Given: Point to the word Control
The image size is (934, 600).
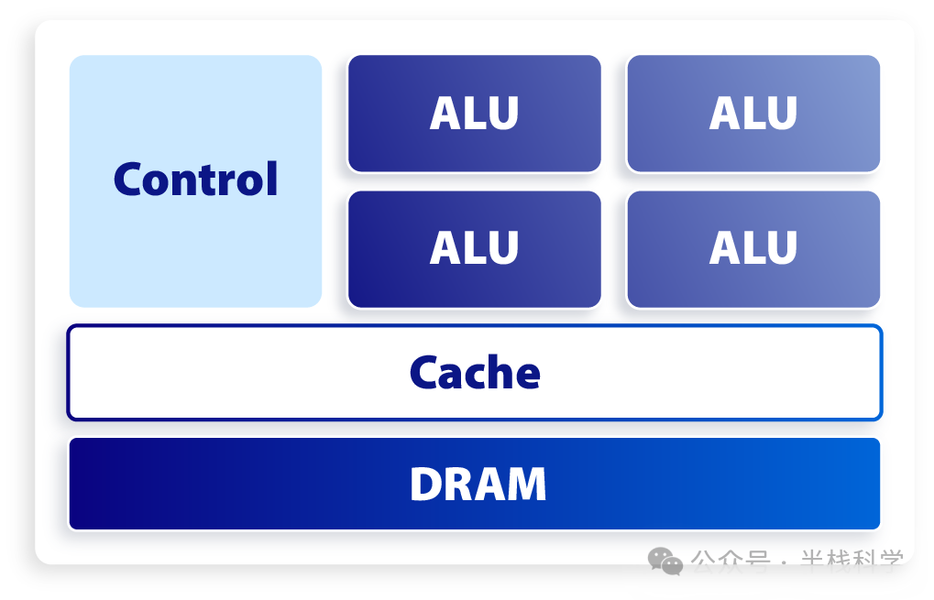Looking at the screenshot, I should tap(195, 180).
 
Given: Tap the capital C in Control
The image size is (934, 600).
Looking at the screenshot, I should tap(129, 180).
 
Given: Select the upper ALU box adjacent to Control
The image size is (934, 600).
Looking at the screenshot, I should tap(474, 113).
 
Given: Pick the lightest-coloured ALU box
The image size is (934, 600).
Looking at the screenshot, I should tap(753, 113).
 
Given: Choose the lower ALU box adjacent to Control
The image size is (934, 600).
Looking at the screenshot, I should tap(474, 248).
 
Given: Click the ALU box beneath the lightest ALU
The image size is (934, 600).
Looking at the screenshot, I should tap(753, 248).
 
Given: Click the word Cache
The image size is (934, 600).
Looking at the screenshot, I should tap(475, 373).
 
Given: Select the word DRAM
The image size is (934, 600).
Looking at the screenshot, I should tap(478, 485).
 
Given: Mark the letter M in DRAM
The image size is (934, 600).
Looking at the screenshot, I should tap(528, 485).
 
